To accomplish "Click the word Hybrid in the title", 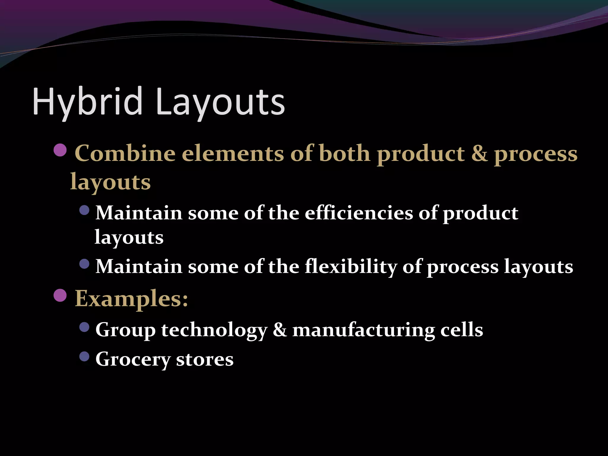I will click(x=88, y=102).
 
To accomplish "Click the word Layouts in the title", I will click(x=220, y=102).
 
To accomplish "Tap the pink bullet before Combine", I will click(x=61, y=150).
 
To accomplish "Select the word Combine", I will click(x=125, y=153).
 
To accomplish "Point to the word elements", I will click(x=233, y=153).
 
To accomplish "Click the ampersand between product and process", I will click(x=479, y=153).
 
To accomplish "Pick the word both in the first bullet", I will click(x=344, y=153).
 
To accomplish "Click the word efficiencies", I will click(x=359, y=213).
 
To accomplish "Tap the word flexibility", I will click(x=351, y=266).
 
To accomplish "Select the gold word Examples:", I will click(x=132, y=298).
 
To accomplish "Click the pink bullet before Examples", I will click(x=61, y=295).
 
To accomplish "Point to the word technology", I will click(x=214, y=330).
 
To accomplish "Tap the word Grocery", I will click(x=133, y=359).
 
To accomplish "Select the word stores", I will click(x=205, y=359).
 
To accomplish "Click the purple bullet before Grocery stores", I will click(x=85, y=357).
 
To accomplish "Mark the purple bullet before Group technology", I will click(x=85, y=327).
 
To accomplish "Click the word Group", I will click(x=125, y=330).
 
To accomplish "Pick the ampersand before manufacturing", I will click(x=280, y=330).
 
